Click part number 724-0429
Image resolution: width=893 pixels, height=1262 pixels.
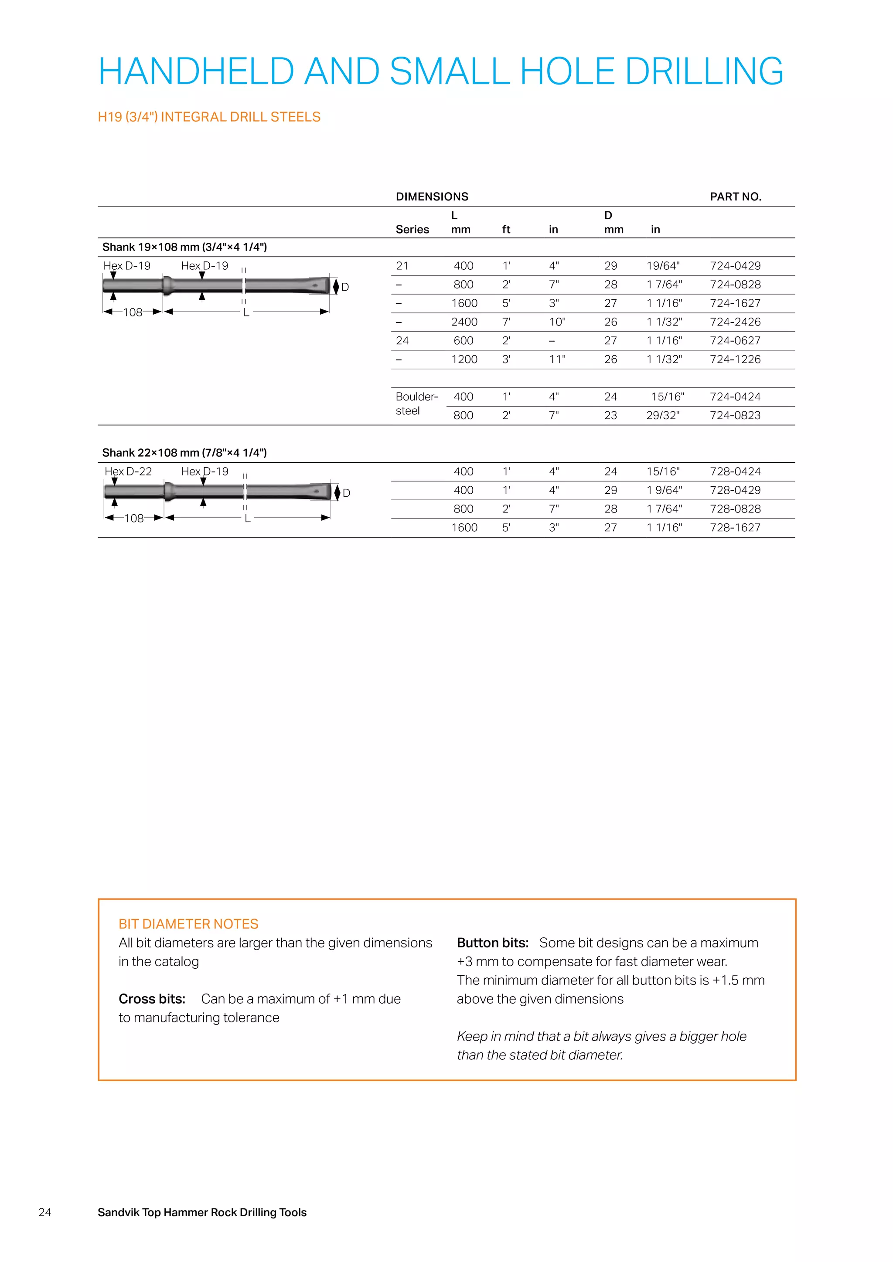click(735, 266)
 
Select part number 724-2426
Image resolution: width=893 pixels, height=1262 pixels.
click(735, 322)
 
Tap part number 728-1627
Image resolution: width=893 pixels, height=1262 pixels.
click(735, 528)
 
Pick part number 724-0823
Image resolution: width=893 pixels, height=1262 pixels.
click(735, 416)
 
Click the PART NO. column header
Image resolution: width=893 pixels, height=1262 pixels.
click(735, 197)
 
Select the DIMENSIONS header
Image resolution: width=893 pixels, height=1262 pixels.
click(432, 197)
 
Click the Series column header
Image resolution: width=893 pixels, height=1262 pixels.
click(412, 230)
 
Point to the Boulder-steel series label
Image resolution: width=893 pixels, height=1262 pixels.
click(416, 404)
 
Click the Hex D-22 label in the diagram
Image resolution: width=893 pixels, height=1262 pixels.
click(128, 472)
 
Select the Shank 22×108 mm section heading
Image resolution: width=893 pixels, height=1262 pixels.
click(184, 453)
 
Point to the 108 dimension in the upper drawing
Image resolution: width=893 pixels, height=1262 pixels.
click(133, 312)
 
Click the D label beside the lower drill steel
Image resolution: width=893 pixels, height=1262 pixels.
click(346, 493)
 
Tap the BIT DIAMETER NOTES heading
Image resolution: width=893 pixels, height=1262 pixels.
click(188, 924)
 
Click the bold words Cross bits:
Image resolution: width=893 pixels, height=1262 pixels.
click(152, 999)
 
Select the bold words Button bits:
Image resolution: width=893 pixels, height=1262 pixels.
click(492, 943)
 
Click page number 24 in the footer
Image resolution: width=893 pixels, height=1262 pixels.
click(45, 1212)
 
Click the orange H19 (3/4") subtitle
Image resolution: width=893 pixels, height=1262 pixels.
click(209, 117)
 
